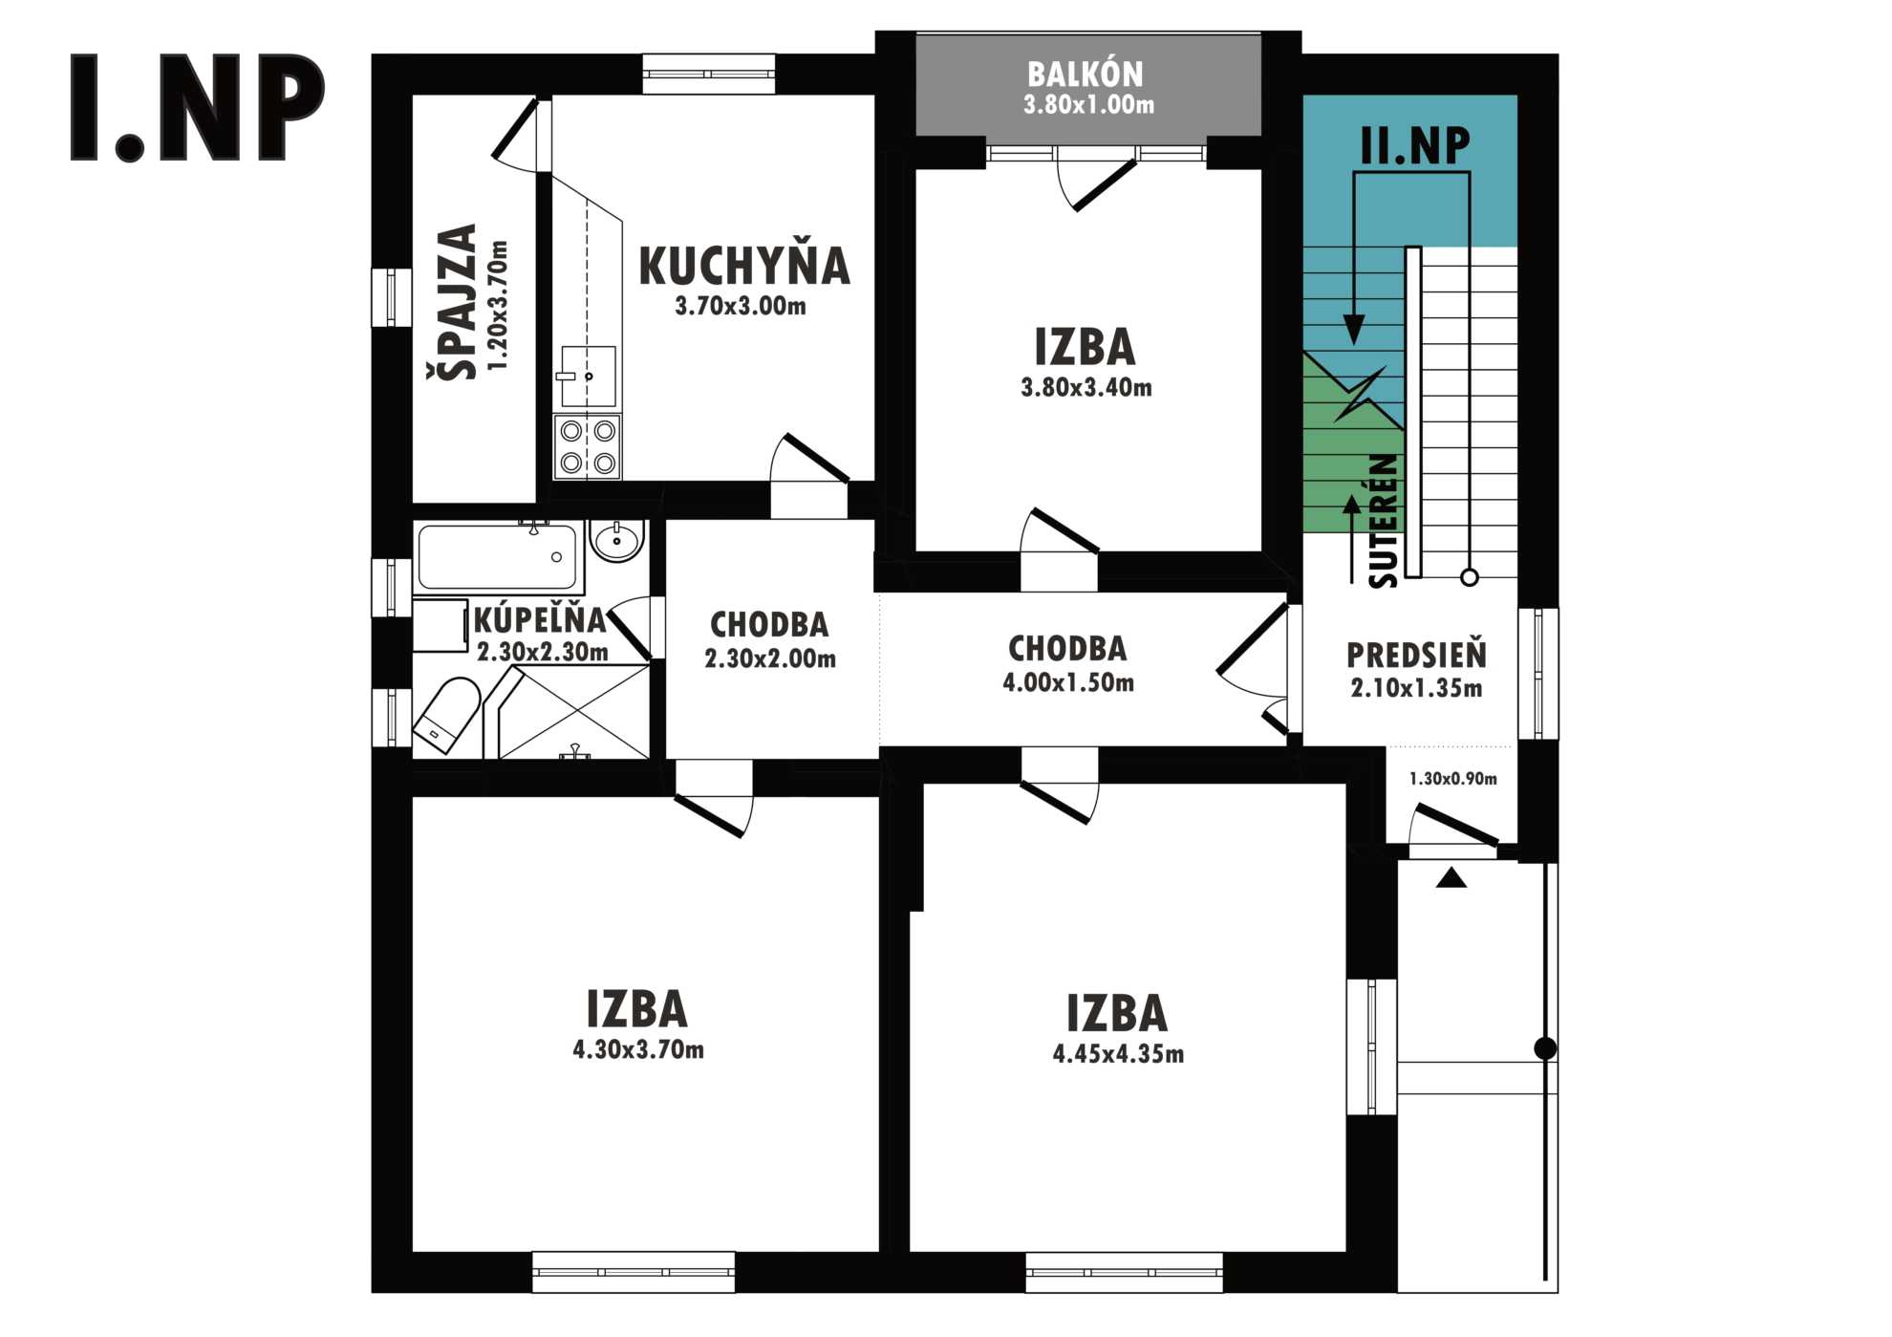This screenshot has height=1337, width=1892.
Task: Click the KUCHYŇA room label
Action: [x=743, y=266]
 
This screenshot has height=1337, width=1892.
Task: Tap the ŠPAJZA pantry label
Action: [x=452, y=302]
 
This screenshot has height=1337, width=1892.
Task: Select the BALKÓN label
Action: [x=1085, y=75]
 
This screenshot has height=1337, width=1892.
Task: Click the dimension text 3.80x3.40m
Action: [x=1086, y=387]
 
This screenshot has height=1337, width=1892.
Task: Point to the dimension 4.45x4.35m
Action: [x=1118, y=1054]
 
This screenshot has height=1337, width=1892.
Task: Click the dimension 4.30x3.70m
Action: [x=638, y=1049]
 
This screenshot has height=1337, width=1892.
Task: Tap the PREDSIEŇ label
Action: [x=1416, y=655]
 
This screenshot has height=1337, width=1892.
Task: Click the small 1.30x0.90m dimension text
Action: [x=1452, y=779]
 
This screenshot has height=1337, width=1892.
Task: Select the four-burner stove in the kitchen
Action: [x=587, y=447]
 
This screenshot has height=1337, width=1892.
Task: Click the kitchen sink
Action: [x=587, y=377]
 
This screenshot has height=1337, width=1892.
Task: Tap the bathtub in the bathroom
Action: [x=498, y=557]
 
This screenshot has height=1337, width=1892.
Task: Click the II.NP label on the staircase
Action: [x=1415, y=145]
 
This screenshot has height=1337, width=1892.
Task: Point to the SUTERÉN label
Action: [x=1383, y=521]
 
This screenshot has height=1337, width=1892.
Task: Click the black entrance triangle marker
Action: [x=1451, y=877]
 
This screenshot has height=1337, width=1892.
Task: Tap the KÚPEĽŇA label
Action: [x=540, y=620]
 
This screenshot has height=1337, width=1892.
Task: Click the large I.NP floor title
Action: [x=198, y=107]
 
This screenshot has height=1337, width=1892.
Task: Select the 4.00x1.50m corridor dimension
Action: [x=1068, y=682]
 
